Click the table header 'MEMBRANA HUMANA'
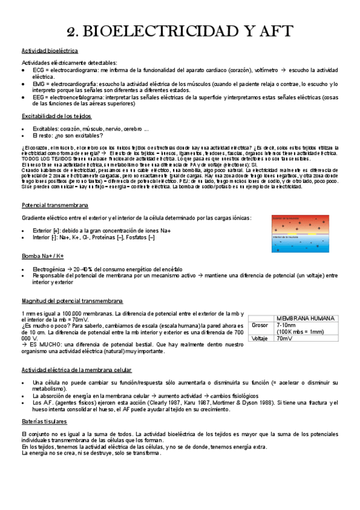(306, 318)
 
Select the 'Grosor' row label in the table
(260, 325)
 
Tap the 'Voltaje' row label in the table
(260, 338)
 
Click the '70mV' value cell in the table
(283, 338)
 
